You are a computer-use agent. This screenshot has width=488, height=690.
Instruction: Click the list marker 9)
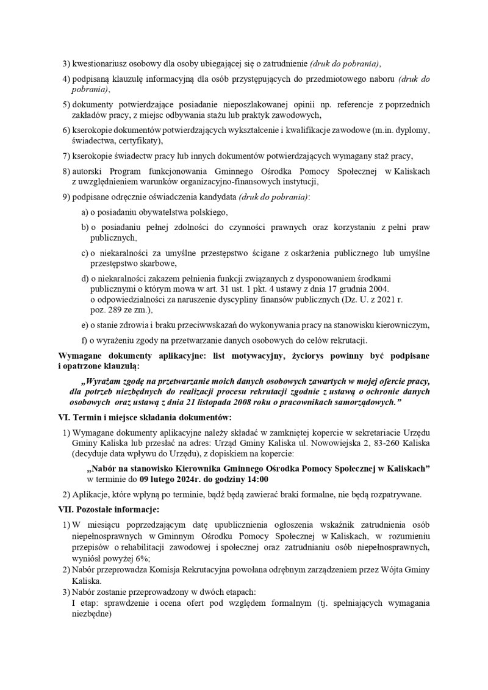coord(66,197)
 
